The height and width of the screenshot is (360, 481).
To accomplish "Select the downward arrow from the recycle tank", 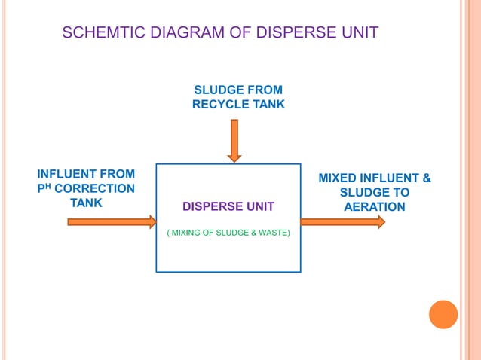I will click(234, 140).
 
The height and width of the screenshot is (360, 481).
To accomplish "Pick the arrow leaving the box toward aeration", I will click(342, 222).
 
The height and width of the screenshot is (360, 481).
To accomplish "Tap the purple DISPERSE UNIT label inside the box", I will click(228, 206).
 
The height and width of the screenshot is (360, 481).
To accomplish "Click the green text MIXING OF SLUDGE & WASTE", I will click(228, 233).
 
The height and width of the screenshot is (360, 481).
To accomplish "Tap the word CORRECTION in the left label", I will click(94, 189).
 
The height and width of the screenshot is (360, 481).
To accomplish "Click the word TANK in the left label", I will click(86, 203).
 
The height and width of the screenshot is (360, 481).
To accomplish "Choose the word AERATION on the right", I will click(374, 207).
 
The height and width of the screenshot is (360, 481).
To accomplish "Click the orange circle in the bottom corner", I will click(443, 314).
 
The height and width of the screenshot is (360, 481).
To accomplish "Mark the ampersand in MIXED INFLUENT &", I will click(426, 178).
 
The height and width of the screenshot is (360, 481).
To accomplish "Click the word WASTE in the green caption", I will click(274, 233).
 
